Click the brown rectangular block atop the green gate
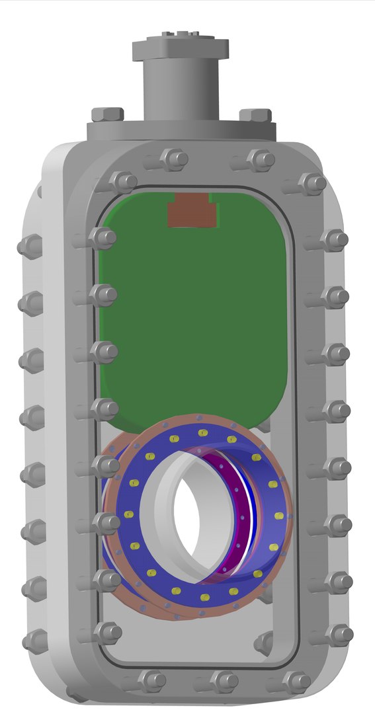[192, 213]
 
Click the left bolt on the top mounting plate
[107, 114]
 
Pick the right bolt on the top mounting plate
[255, 115]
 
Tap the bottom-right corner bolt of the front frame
[339, 635]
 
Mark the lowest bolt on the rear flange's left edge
[33, 641]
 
